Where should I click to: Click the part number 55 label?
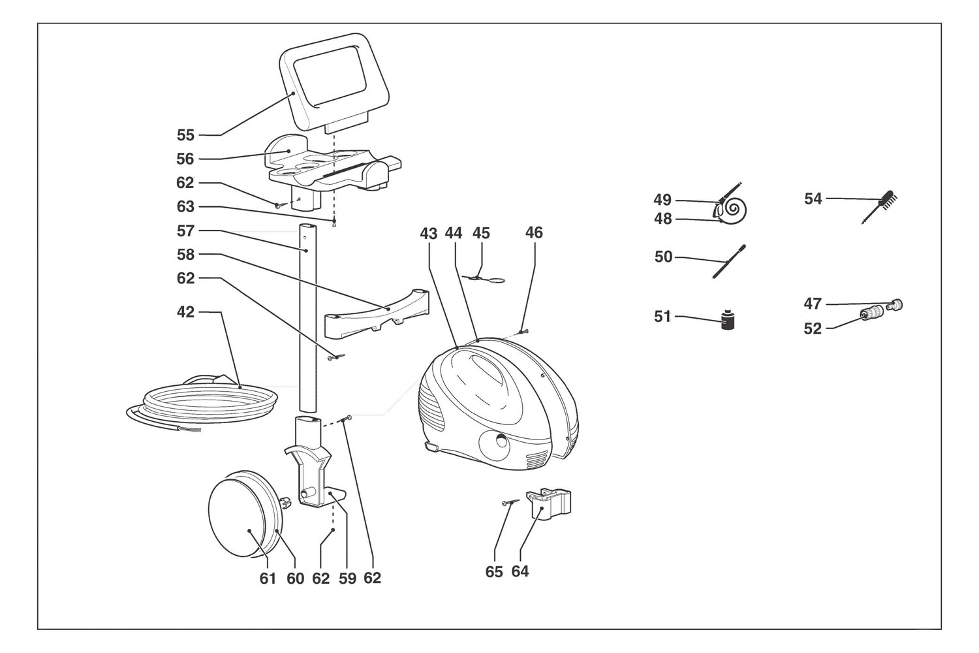coord(186,135)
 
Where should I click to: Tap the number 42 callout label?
coord(186,312)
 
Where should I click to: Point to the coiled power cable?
coord(196,402)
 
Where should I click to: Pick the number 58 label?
coord(186,254)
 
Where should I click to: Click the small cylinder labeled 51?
coord(729,320)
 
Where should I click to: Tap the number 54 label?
coord(813,199)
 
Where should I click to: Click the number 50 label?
coord(664,257)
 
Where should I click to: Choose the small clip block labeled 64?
coord(550,503)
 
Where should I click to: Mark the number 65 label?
coord(494,572)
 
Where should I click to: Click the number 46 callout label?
coord(534,233)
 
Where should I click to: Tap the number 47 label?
coord(813,304)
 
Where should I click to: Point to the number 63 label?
coord(186,207)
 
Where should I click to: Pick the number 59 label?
coord(347,579)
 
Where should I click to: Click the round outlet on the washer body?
coord(500,441)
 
